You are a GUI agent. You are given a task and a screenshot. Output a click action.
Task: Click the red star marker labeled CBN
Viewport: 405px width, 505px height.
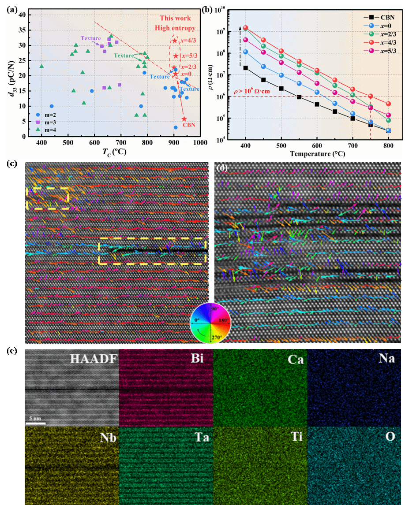[x=184, y=119]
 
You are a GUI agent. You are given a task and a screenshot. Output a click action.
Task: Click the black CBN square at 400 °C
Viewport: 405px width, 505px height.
[x=245, y=68]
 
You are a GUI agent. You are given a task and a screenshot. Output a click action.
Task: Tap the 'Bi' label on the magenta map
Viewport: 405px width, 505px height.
[x=198, y=359]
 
